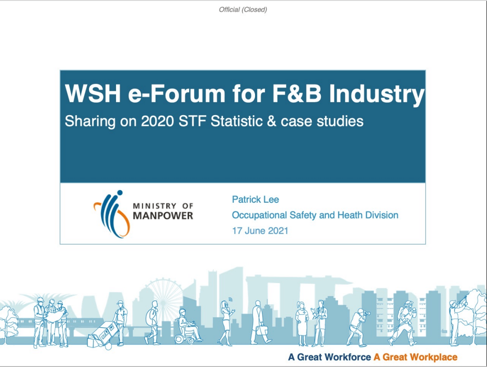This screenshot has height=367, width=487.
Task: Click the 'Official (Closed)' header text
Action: pyautogui.click(x=243, y=9)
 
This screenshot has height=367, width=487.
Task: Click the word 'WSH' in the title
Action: pyautogui.click(x=93, y=93)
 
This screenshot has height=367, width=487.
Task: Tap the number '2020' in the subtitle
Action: pyautogui.click(x=157, y=121)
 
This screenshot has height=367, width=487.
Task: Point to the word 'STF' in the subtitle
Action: pyautogui.click(x=193, y=121)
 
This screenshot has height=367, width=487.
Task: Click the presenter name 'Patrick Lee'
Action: pyautogui.click(x=255, y=200)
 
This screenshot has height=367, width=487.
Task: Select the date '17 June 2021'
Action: pyautogui.click(x=260, y=231)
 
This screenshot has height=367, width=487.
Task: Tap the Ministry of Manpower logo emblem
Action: pyautogui.click(x=112, y=214)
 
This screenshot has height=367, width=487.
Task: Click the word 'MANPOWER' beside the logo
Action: pyautogui.click(x=163, y=216)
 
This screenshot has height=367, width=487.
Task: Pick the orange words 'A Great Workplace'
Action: pyautogui.click(x=416, y=357)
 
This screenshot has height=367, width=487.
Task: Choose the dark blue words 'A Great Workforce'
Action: pyautogui.click(x=329, y=357)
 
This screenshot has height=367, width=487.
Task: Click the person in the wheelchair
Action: pyautogui.click(x=187, y=326)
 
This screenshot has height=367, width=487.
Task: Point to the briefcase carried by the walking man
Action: pyautogui.click(x=261, y=330)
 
